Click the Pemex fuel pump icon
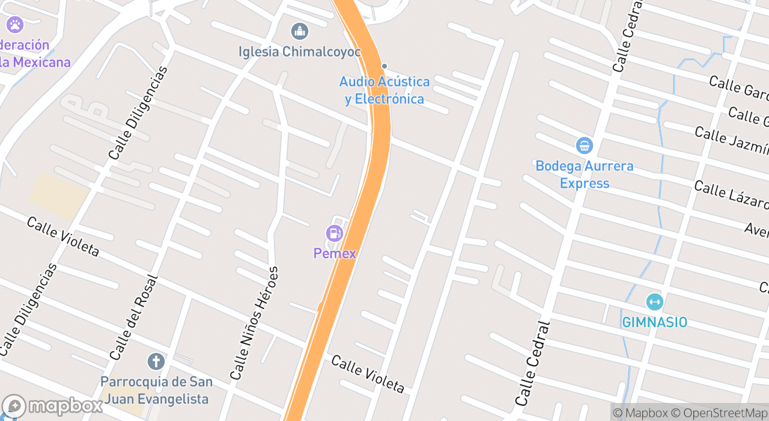point(334,233)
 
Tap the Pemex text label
point(335,253)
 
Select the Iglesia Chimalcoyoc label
point(300,52)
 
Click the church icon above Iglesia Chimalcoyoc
point(299,31)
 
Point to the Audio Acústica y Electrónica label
point(384,90)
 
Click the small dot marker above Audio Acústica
point(384,66)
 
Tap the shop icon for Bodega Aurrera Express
point(584,146)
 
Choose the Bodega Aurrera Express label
point(584,174)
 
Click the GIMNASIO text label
point(654,322)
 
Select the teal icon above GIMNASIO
point(654,302)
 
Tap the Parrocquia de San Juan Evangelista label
point(156,390)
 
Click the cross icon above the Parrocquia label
point(156,361)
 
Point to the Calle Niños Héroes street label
point(255,322)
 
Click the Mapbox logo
point(53,407)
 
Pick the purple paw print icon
point(14,25)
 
